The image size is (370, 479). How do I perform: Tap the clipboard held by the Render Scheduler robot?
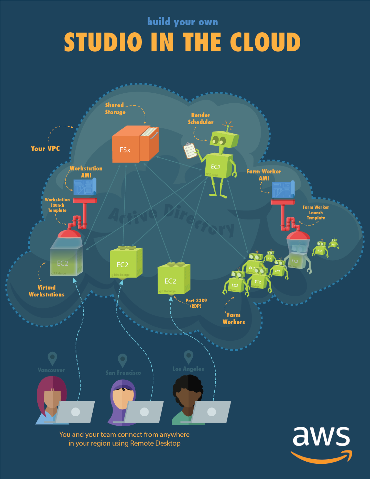point(190,150)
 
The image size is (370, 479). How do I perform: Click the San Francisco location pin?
point(122,360)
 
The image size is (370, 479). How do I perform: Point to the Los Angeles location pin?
point(188,357)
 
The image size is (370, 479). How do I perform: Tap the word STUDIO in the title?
point(103,42)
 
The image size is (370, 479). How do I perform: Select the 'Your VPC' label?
point(45,149)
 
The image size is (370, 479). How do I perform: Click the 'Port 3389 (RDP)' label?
point(196,303)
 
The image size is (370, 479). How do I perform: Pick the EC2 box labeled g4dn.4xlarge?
point(126,263)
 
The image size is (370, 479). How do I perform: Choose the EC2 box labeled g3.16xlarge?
point(174,279)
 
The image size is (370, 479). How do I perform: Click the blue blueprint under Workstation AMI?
point(84,187)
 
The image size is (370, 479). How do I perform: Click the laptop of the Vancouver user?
point(76,412)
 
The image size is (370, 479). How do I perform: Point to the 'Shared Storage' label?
point(115,109)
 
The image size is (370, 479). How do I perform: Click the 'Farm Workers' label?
point(234,319)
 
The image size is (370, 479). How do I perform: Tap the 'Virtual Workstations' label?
point(46,291)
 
